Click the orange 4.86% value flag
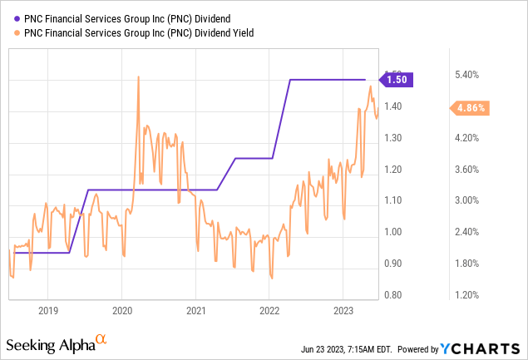tap(468, 108)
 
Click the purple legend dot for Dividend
tap(17, 17)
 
